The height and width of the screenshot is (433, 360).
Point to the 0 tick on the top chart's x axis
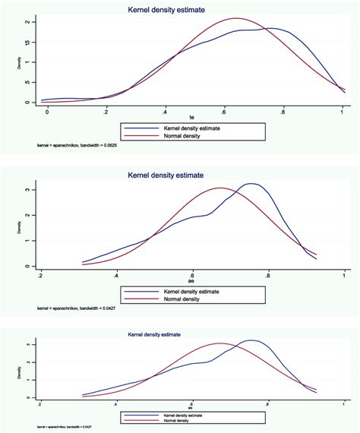point(47,111)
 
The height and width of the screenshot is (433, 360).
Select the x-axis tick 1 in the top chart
point(343,111)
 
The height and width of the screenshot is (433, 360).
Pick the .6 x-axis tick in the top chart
point(224,111)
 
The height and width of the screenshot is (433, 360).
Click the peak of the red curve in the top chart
point(237,18)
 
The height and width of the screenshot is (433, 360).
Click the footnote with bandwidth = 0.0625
point(76,144)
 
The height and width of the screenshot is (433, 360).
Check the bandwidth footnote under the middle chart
point(76,308)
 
